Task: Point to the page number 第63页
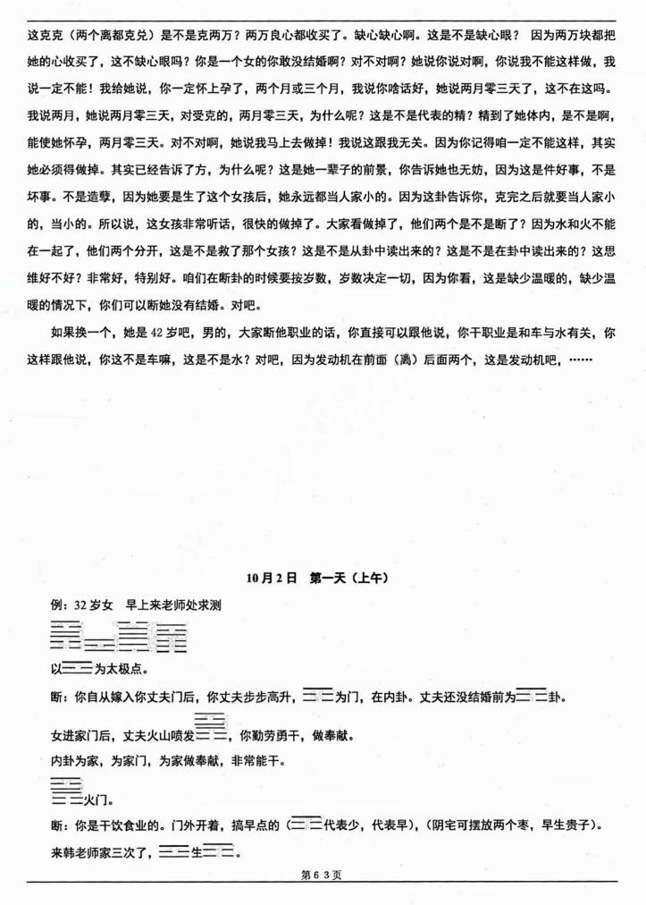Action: [x=323, y=875]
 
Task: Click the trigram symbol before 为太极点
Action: [x=79, y=667]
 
